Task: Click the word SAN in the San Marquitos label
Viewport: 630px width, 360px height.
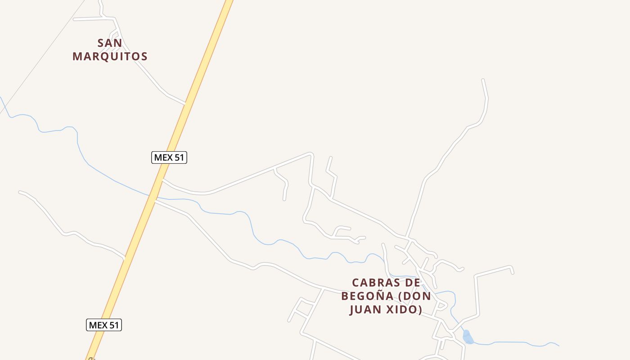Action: (110, 43)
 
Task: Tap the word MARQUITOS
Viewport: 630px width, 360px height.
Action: (110, 56)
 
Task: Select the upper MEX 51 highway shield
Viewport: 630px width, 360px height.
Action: (169, 157)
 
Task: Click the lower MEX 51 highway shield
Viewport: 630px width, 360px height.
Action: (104, 325)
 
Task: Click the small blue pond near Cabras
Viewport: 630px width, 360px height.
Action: (468, 337)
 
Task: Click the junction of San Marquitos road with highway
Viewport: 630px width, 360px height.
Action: (185, 103)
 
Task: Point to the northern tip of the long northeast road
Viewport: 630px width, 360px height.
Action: (483, 80)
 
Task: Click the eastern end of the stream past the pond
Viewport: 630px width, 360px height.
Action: (558, 346)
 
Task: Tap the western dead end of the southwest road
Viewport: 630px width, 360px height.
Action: (20, 192)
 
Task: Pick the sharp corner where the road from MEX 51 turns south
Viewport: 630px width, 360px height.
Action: (310, 154)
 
